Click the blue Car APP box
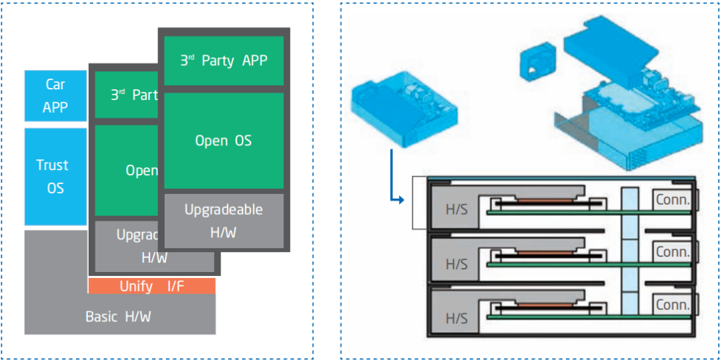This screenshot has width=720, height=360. point(55,95)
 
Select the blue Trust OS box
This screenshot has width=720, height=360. point(55,177)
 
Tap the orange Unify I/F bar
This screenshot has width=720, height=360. point(152,287)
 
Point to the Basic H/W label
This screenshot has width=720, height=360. point(118,317)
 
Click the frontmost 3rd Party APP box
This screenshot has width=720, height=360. point(224,61)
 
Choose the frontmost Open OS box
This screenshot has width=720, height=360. point(224,141)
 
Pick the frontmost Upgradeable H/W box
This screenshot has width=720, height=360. point(224,221)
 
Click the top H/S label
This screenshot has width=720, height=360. point(457,209)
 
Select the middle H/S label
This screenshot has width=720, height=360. point(457,264)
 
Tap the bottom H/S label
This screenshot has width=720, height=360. point(457,318)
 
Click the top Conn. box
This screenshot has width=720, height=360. point(673,199)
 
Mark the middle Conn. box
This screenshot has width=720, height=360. point(673,252)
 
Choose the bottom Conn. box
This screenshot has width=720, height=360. point(673,305)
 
